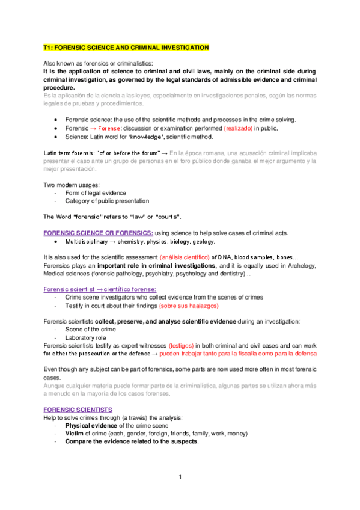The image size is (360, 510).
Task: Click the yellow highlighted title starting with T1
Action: tap(126, 47)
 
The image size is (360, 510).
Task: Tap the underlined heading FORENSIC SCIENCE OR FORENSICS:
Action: tap(99, 233)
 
